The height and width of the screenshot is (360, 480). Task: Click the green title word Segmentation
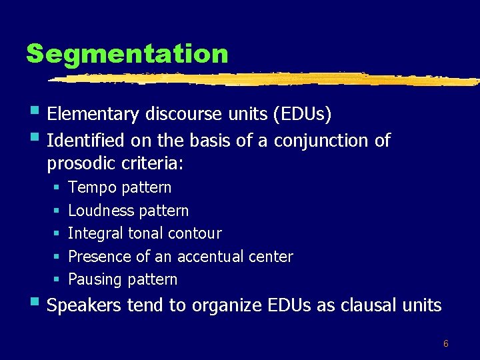point(127,53)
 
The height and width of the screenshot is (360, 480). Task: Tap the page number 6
point(445,344)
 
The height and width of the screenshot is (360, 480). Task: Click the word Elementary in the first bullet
point(93,115)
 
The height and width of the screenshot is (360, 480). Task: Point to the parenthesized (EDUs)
point(302,115)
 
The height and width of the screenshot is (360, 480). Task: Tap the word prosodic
point(79,163)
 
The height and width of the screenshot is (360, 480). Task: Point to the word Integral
point(95,234)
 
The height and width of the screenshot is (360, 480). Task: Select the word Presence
point(99,257)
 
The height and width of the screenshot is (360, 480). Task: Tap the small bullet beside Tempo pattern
point(57,188)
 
